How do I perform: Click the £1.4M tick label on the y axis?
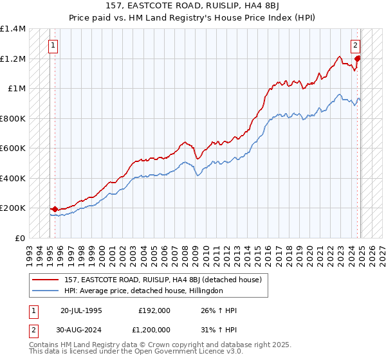click(x=13, y=29)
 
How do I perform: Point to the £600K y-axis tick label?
click(x=13, y=148)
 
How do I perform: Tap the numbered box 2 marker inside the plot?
click(x=354, y=46)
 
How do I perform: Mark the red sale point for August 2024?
click(x=358, y=59)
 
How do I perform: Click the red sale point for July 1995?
click(x=55, y=209)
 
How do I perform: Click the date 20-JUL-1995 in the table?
click(x=82, y=310)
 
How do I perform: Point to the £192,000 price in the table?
click(x=154, y=310)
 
